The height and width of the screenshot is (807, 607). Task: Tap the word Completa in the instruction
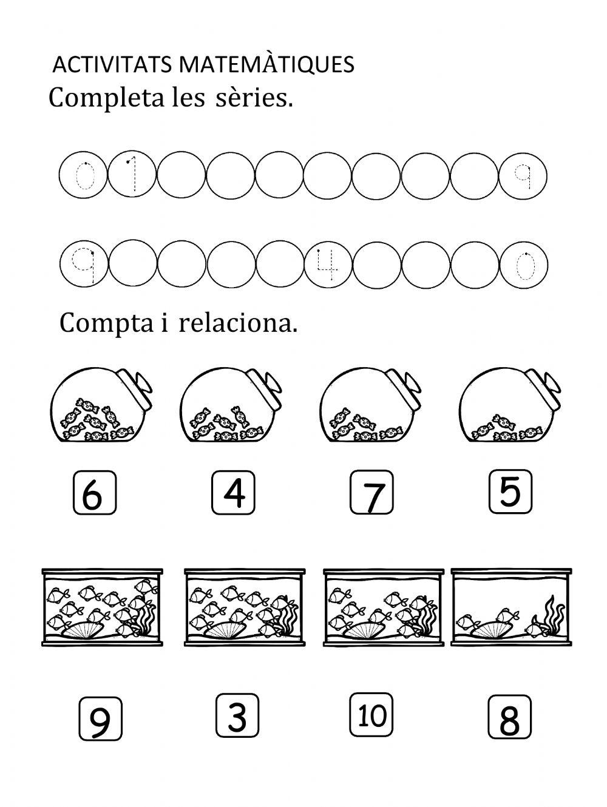[106, 98]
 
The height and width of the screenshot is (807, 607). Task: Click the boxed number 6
[94, 495]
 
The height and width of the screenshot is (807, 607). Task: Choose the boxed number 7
[371, 495]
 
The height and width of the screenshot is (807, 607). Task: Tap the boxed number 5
[510, 491]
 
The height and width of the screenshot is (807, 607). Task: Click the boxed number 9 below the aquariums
[100, 720]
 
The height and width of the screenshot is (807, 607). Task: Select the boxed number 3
[237, 716]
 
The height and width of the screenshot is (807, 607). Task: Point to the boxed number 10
[371, 715]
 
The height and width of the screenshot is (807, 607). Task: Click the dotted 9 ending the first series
[523, 176]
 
